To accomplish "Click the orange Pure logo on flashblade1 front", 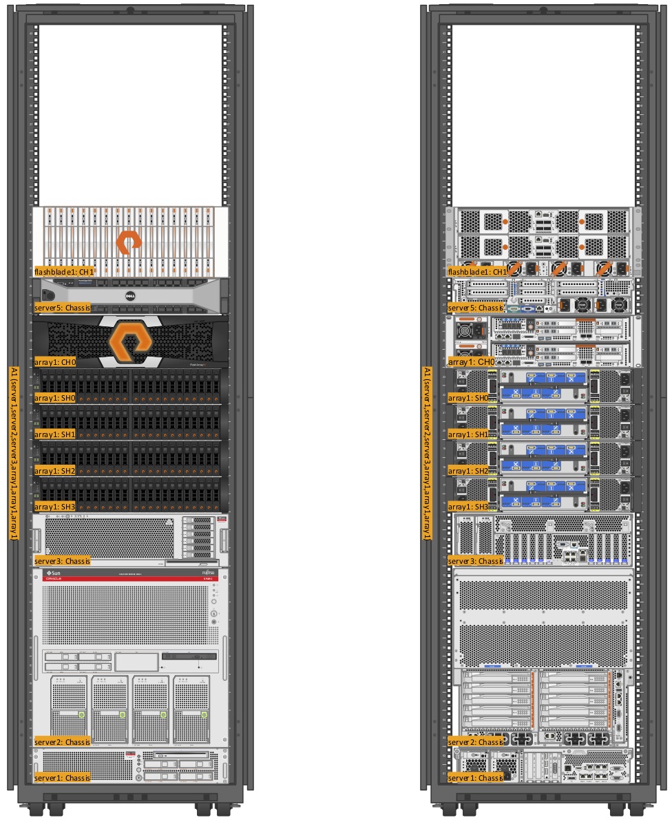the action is (x=128, y=242).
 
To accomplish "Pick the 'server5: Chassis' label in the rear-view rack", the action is (x=476, y=308).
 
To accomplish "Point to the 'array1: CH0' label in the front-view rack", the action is (x=55, y=361).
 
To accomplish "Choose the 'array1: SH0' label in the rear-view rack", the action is (x=468, y=398).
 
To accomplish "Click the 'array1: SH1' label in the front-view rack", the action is (x=55, y=434).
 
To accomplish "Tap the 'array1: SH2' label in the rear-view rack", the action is (x=468, y=471).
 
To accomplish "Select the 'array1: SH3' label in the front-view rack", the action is (x=55, y=507).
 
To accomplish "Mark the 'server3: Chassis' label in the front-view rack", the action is (x=63, y=561).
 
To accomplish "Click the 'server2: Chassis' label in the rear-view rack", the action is (x=476, y=742).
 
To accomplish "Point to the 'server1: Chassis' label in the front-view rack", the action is (x=63, y=778).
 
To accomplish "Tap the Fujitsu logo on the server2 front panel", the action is (x=207, y=573).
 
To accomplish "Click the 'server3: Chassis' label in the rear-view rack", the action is (x=476, y=561).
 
